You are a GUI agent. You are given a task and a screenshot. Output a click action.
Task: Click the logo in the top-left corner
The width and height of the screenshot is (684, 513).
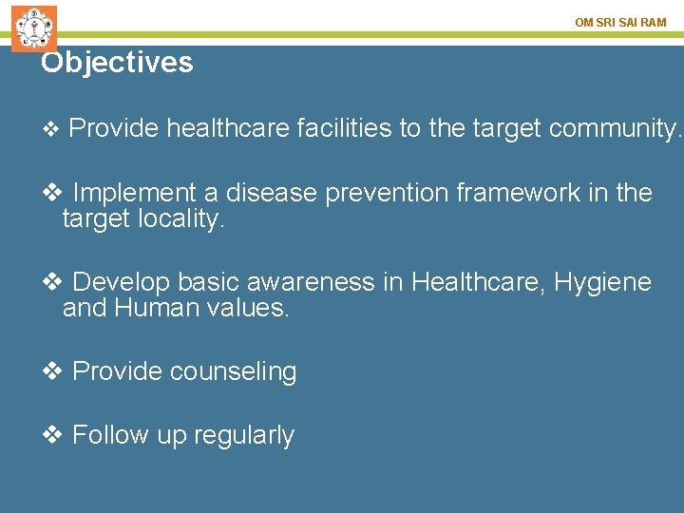pyautogui.click(x=34, y=28)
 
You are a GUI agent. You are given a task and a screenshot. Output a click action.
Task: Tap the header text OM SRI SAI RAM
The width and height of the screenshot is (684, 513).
pyautogui.click(x=620, y=22)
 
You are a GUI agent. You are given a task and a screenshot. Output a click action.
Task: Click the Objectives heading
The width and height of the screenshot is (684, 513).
pyautogui.click(x=117, y=63)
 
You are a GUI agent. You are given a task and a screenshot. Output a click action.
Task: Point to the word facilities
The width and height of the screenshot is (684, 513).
pyautogui.click(x=343, y=128)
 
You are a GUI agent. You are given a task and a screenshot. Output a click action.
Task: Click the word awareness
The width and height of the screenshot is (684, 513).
pyautogui.click(x=297, y=282)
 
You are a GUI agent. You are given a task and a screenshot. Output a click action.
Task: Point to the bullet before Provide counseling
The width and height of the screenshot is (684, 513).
pyautogui.click(x=53, y=371)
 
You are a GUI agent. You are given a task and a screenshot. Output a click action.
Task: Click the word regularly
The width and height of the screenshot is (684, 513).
pyautogui.click(x=244, y=435)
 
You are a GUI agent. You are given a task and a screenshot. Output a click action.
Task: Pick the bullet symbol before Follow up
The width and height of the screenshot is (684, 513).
pyautogui.click(x=53, y=435)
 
